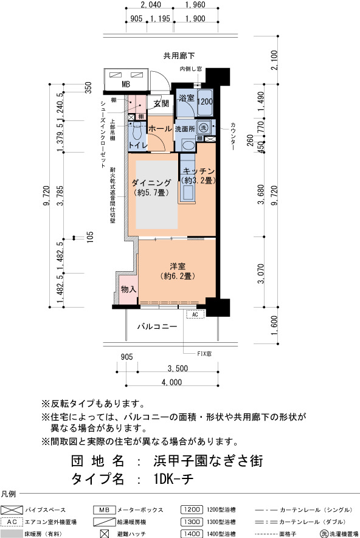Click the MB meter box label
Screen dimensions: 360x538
click(x=126, y=84)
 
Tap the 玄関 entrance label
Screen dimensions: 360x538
click(x=161, y=103)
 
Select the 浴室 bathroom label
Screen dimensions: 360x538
click(x=186, y=98)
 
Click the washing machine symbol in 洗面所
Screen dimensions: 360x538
click(x=204, y=128)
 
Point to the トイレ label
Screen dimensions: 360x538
click(x=138, y=145)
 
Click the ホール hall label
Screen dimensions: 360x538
click(x=160, y=129)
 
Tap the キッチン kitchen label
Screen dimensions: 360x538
click(x=199, y=171)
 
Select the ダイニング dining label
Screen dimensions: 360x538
click(x=151, y=183)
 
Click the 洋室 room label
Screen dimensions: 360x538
click(x=178, y=266)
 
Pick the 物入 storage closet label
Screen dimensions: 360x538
click(x=128, y=289)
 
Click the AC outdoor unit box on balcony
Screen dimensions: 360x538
click(x=195, y=314)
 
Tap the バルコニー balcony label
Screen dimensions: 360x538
click(x=157, y=326)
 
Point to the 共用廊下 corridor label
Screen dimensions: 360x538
click(x=179, y=55)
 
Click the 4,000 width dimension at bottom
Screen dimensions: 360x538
click(x=172, y=382)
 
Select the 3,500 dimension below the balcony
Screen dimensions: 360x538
click(x=178, y=368)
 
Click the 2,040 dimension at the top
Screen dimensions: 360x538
click(x=151, y=4)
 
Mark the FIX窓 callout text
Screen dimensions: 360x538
click(x=204, y=353)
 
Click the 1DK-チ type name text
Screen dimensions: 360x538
click(x=174, y=479)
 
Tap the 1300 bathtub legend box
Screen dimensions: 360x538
click(x=192, y=522)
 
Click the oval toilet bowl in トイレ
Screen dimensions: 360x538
click(x=137, y=132)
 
